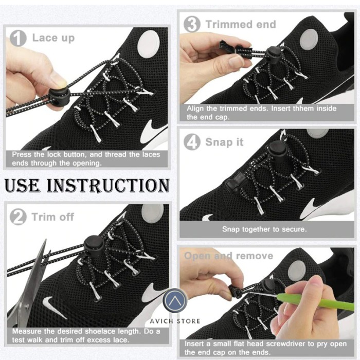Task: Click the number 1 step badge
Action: [18, 39]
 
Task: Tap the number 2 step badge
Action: [18, 217]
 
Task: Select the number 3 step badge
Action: [192, 24]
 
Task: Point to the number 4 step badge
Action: [192, 142]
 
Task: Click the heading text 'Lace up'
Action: [53, 38]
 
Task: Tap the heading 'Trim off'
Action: [53, 217]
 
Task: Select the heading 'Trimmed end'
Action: [241, 24]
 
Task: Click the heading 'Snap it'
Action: [224, 142]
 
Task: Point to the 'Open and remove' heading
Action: [229, 256]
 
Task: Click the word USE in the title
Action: [22, 186]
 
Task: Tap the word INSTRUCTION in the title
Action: [108, 186]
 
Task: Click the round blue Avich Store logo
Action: [175, 301]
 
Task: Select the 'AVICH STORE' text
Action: [175, 321]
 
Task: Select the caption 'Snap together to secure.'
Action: [264, 229]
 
